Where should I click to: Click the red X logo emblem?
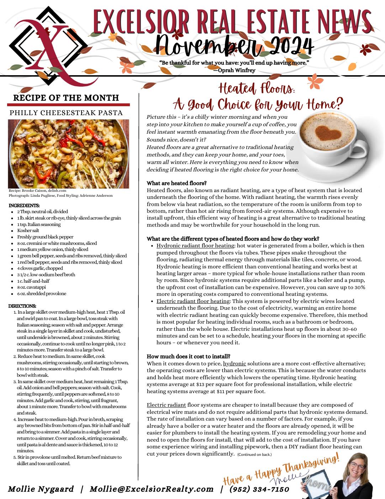pyautogui.click(x=46, y=46)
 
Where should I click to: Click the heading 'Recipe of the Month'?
pyautogui.click(x=66, y=98)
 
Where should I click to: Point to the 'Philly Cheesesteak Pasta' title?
pyautogui.click(x=66, y=113)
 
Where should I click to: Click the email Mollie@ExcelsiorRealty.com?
pyautogui.click(x=152, y=489)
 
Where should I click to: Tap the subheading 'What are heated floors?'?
pyautogui.click(x=176, y=183)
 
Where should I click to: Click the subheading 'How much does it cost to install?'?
pyautogui.click(x=188, y=356)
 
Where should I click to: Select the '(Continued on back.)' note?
pyautogui.click(x=254, y=454)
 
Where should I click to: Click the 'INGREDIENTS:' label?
pyautogui.click(x=24, y=205)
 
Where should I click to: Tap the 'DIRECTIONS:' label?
pyautogui.click(x=22, y=306)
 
